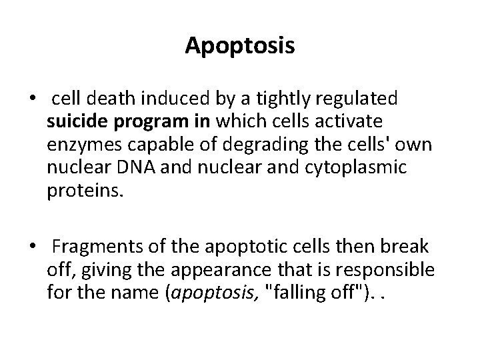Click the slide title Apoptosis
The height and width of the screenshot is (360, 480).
(240, 45)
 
